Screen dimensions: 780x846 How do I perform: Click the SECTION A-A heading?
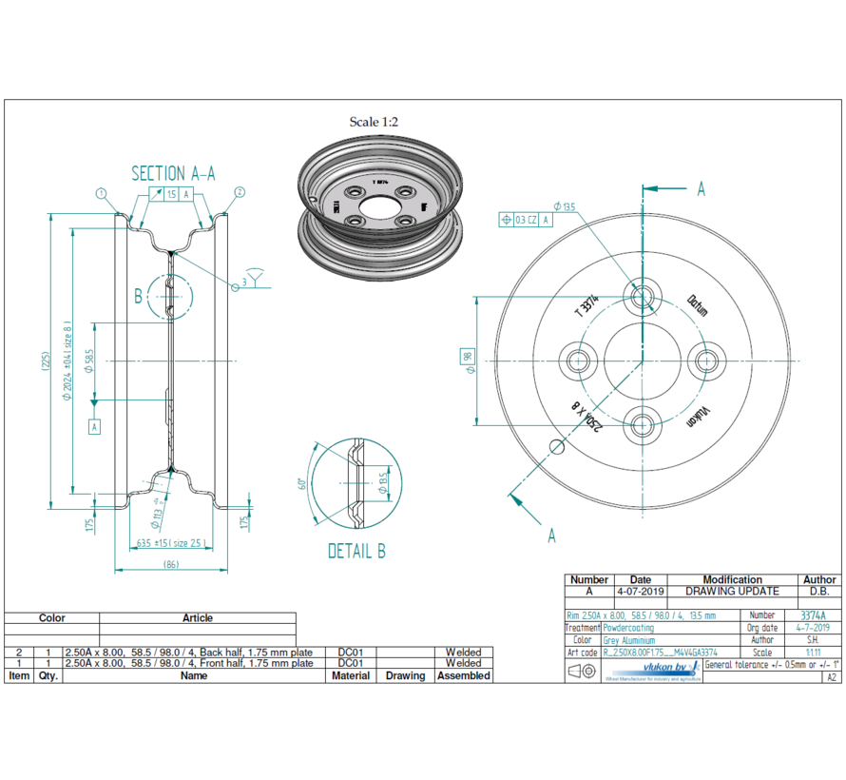point(173,173)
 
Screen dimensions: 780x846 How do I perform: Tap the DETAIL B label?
point(356,551)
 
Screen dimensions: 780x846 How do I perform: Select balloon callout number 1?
point(100,192)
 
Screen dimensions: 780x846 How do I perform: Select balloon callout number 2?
point(240,192)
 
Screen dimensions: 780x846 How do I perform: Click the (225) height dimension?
point(45,361)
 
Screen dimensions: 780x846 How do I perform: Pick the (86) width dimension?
point(171,565)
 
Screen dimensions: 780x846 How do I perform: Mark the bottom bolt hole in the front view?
point(643,424)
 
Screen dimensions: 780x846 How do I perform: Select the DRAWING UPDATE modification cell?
point(732,591)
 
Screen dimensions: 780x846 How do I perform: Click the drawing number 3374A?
point(812,615)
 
